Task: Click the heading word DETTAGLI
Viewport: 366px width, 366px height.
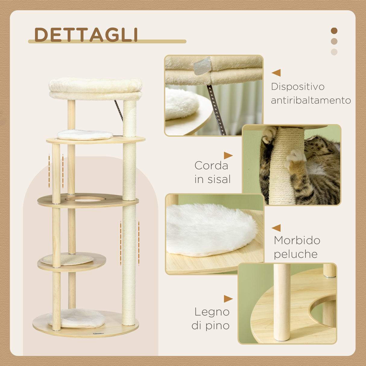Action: tap(86, 35)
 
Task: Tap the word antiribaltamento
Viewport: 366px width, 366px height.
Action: tap(311, 100)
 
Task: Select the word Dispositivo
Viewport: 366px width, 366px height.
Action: tap(298, 87)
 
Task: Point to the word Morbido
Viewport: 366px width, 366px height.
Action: tap(297, 241)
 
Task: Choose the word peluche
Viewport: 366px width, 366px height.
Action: tap(295, 254)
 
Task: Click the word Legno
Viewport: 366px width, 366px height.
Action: tap(212, 312)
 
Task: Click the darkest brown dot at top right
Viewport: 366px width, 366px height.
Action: tap(334, 31)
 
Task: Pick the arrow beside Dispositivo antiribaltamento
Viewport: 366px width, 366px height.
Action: tap(276, 73)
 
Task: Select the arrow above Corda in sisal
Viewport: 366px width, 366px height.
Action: tap(228, 156)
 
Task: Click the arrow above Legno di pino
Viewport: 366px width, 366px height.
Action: tap(228, 299)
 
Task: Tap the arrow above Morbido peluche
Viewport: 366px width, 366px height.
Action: tap(276, 228)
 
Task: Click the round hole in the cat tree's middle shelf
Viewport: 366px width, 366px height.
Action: tap(85, 199)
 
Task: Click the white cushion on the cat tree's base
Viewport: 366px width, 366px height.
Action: tap(76, 318)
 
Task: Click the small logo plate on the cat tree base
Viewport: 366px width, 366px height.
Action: tap(98, 333)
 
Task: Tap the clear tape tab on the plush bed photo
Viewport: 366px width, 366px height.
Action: tap(202, 65)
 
